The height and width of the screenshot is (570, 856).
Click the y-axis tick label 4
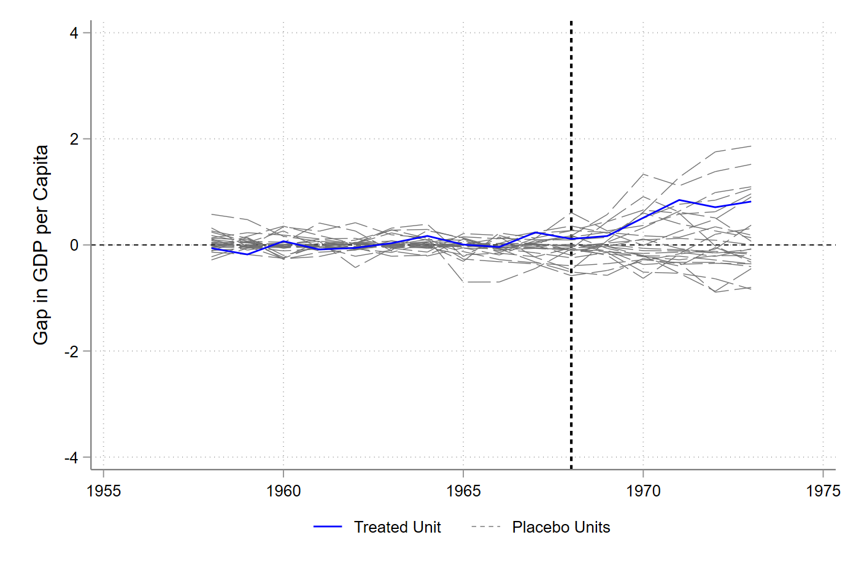coord(74,33)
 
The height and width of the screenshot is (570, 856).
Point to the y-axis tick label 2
coord(74,139)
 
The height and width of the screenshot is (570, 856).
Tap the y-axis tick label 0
coord(74,245)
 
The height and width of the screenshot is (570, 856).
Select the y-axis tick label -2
coord(72,351)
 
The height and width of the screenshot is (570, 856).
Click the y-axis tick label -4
coord(72,458)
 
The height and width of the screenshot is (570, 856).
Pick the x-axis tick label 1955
coord(104,491)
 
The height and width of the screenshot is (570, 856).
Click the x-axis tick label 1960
coord(283,491)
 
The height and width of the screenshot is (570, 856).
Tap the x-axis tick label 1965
coord(463,491)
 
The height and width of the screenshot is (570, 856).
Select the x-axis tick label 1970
coord(643,491)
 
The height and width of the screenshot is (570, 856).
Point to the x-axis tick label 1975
coord(823,491)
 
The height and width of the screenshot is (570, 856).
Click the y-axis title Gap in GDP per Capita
coord(41,245)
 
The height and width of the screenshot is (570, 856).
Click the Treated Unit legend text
coord(397,527)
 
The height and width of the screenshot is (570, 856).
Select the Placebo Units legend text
coord(561,527)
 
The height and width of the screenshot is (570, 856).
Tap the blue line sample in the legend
coord(328,527)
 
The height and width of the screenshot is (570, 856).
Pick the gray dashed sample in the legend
coord(486,527)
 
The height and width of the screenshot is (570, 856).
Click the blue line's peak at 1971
coord(679,200)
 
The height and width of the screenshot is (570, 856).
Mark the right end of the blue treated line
coord(750,202)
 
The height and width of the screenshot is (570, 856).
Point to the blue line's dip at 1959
coord(247,254)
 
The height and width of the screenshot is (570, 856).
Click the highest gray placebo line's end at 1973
coord(750,146)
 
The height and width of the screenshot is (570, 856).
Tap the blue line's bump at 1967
coord(536,232)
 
